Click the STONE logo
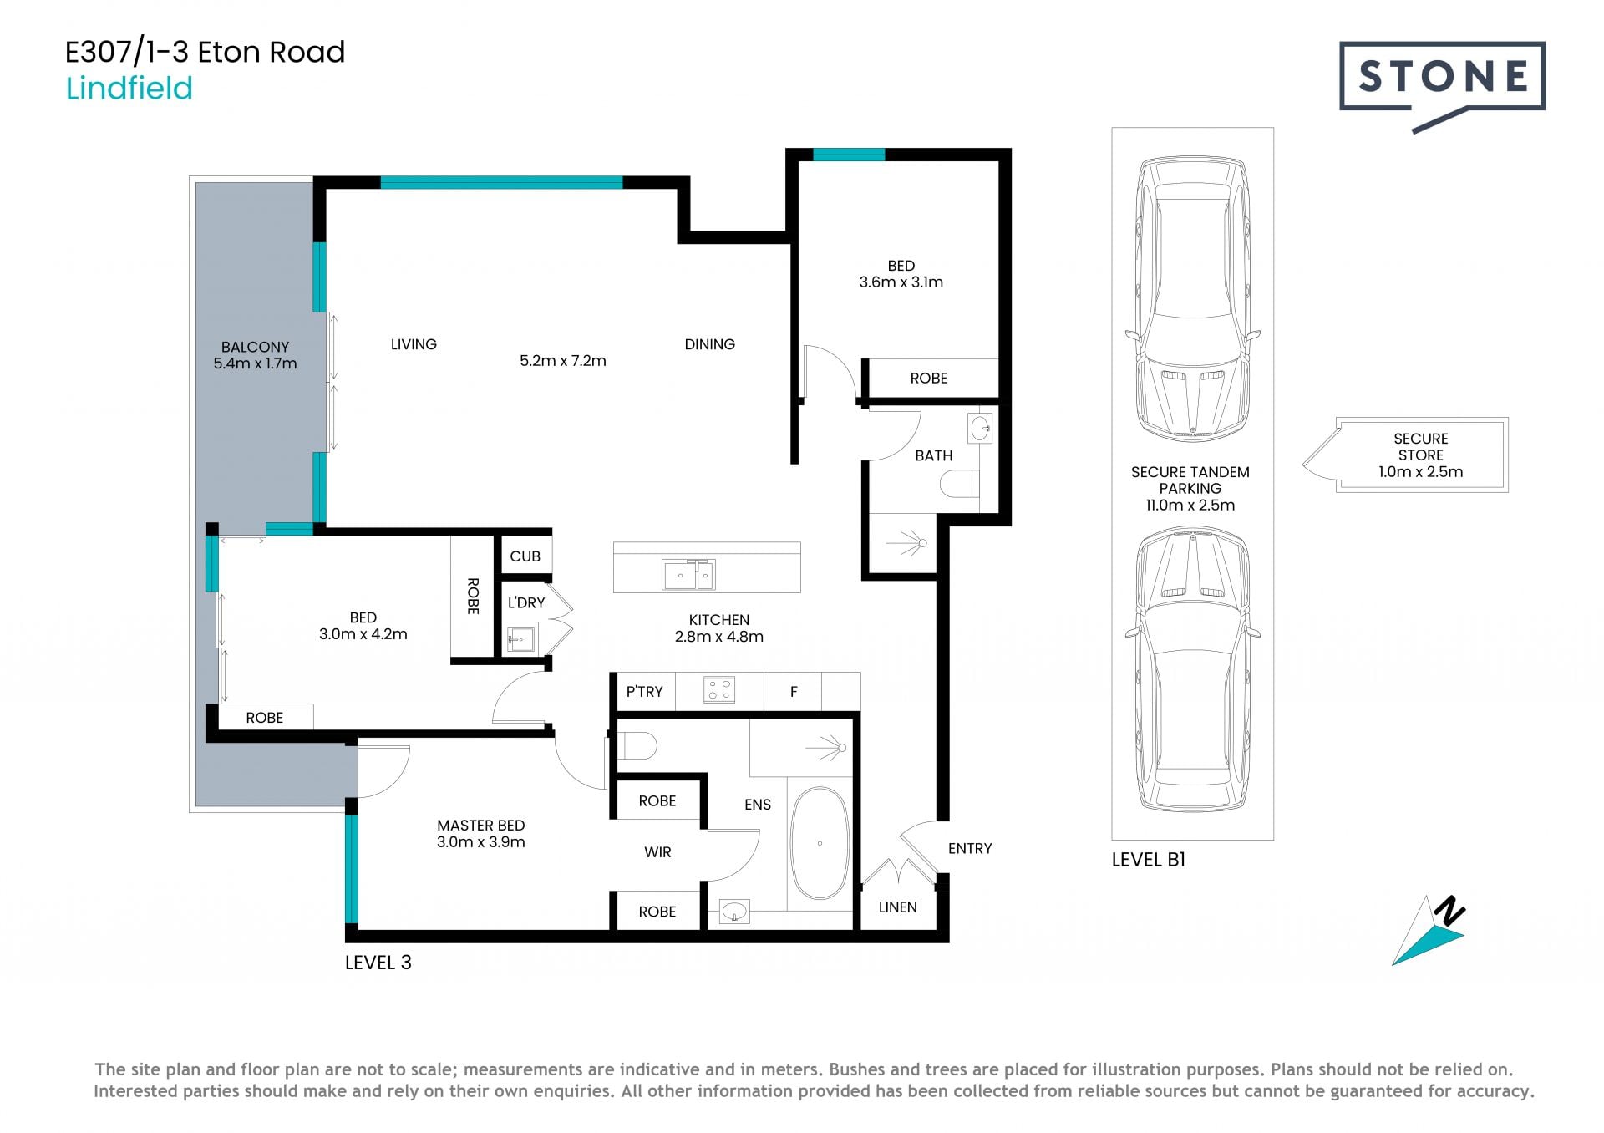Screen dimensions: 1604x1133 click(x=1442, y=84)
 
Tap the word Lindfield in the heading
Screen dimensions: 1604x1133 click(x=129, y=88)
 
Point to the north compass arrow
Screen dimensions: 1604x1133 click(x=1430, y=931)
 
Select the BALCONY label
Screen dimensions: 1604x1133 click(x=255, y=347)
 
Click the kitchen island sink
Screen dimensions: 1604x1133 click(x=688, y=575)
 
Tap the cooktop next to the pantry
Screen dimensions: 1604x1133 click(x=718, y=690)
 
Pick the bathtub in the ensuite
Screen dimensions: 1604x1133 click(x=820, y=843)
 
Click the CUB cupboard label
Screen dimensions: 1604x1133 click(x=525, y=556)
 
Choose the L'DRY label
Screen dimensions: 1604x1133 click(x=526, y=602)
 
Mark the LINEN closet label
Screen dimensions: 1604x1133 click(x=897, y=907)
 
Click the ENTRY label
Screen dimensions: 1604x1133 click(x=970, y=849)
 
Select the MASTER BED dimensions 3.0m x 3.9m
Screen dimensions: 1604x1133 click(x=481, y=842)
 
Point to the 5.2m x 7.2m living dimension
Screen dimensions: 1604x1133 click(x=563, y=361)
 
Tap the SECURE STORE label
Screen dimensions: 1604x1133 click(x=1421, y=447)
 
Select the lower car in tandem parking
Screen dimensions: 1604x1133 click(x=1192, y=669)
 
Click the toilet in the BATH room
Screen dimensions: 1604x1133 click(x=959, y=484)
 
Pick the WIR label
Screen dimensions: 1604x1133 click(x=657, y=852)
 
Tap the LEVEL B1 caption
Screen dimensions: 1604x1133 click(x=1148, y=860)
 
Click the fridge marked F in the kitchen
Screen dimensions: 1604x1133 click(x=793, y=691)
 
